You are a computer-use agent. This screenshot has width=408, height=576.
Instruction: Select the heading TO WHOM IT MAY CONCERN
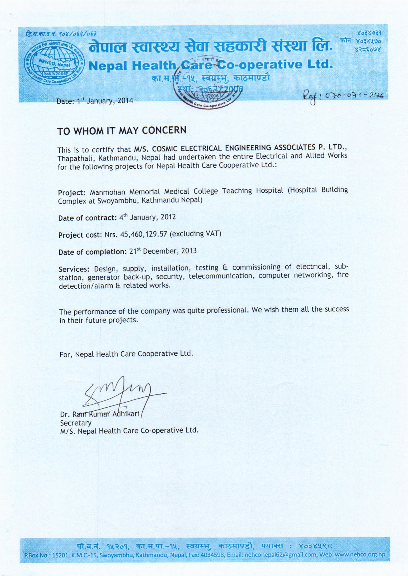[122, 131]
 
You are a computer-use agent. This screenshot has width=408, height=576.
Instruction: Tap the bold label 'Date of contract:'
[87, 218]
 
